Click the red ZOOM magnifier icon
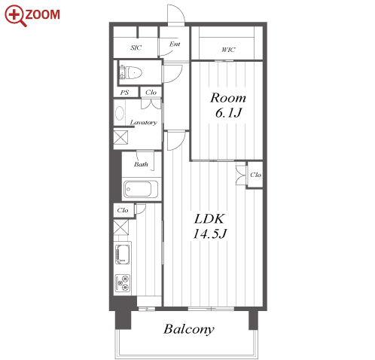pos(14,15)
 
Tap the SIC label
pos(136,47)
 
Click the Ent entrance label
pos(175,44)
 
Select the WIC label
pos(228,50)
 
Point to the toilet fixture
pos(130,73)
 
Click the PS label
pos(124,93)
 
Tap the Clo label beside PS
pos(151,93)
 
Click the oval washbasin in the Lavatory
pos(120,113)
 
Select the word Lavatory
pos(144,122)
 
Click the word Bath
pos(141,164)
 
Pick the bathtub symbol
pos(141,189)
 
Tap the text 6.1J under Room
pos(228,112)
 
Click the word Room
pos(228,98)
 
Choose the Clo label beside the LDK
pos(255,175)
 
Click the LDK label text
pos(209,218)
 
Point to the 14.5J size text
pos(210,233)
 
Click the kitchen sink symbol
pos(123,254)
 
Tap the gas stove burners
pos(123,283)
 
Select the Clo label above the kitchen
pos(123,210)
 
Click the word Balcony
pos(189,329)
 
